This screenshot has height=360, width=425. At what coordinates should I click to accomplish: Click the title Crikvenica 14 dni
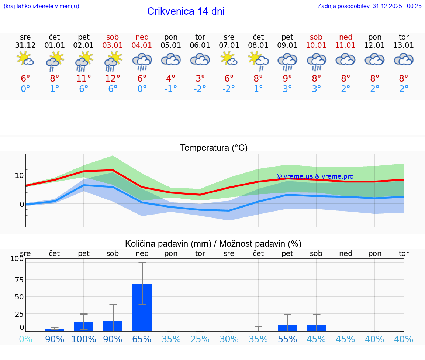[x=186, y=11]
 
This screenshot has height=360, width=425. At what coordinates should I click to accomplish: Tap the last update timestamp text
[x=369, y=6]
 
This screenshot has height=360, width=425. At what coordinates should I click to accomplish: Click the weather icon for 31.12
[x=25, y=59]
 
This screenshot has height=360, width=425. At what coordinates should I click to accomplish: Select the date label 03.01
[x=113, y=45]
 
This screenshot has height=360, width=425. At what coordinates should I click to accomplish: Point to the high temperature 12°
[x=113, y=78]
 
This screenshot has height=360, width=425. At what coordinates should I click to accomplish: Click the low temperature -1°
[x=171, y=89]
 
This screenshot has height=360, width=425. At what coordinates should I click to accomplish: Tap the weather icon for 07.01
[x=229, y=59]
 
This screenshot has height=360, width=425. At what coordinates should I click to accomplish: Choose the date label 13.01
[x=404, y=45]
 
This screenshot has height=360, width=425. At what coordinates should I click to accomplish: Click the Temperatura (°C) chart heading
[x=214, y=148]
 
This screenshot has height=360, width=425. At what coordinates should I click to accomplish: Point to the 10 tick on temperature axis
[x=19, y=175]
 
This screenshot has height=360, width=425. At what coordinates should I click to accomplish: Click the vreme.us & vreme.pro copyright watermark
[x=315, y=176]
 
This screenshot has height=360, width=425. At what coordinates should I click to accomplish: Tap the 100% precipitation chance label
[x=84, y=339]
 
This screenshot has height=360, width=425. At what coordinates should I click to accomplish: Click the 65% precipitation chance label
[x=142, y=339]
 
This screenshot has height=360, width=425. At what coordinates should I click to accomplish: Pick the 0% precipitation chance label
[x=25, y=339]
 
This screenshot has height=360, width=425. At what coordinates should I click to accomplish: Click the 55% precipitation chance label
[x=287, y=339]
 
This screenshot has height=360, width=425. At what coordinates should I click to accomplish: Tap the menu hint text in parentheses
[x=41, y=6]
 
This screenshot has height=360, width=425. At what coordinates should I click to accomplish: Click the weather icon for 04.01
[x=142, y=61]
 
